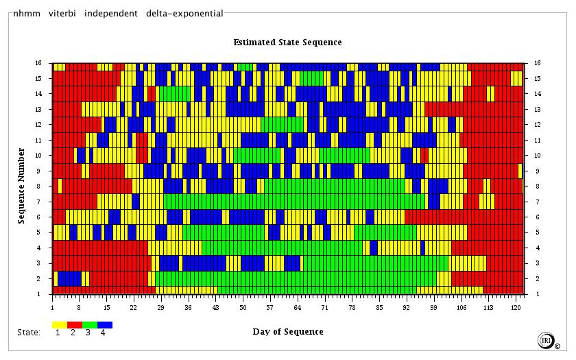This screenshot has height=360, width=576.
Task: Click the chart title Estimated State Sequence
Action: (287, 43)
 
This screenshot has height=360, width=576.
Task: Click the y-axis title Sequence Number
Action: (22, 185)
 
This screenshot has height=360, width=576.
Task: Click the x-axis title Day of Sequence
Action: (287, 332)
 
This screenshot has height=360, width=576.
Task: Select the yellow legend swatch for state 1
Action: (60, 324)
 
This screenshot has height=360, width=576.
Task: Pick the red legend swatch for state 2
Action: (75, 324)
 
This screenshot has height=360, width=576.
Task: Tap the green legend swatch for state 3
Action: (90, 324)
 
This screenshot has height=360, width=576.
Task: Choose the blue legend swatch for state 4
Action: (105, 324)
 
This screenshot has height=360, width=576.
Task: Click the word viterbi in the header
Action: (62, 13)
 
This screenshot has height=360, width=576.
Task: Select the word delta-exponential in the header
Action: (184, 13)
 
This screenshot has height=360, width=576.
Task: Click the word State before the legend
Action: (29, 333)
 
